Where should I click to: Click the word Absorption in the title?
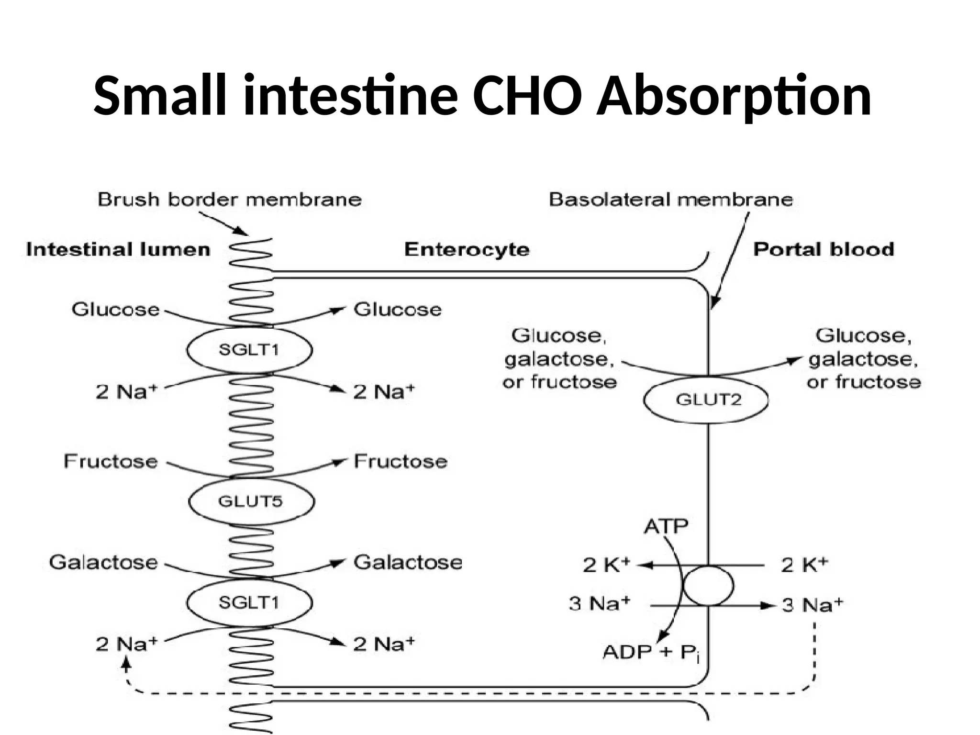[734, 97]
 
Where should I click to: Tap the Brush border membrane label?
[230, 200]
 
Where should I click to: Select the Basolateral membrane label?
[670, 200]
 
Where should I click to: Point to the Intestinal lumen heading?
[118, 250]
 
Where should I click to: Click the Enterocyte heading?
[467, 250]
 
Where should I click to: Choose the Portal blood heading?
[824, 250]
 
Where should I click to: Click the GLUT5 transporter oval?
[251, 501]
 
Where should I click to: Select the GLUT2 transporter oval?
[706, 400]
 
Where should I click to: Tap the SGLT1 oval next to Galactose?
[249, 602]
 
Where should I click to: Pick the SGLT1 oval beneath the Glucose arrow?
[249, 350]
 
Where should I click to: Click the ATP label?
[666, 527]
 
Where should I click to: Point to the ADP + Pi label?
[651, 652]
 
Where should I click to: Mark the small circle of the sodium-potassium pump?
[708, 585]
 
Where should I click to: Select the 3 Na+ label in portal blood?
[812, 605]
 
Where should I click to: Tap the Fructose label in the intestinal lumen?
[111, 461]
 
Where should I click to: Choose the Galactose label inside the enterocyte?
[408, 562]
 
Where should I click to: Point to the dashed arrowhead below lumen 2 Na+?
[126, 663]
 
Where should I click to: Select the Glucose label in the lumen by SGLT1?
[115, 310]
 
